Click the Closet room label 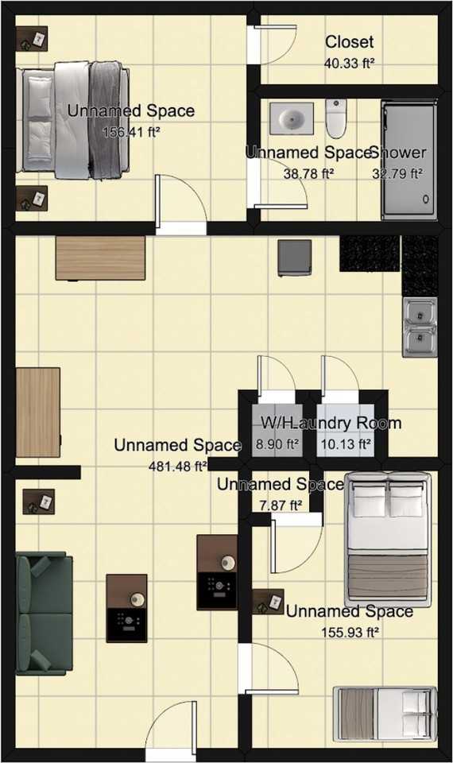(x=349, y=42)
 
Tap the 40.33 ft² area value (x=349, y=63)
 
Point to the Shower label (x=399, y=153)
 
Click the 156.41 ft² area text (x=131, y=132)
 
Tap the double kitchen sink (x=420, y=325)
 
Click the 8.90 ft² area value (x=277, y=444)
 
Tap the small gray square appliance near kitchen (x=293, y=258)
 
